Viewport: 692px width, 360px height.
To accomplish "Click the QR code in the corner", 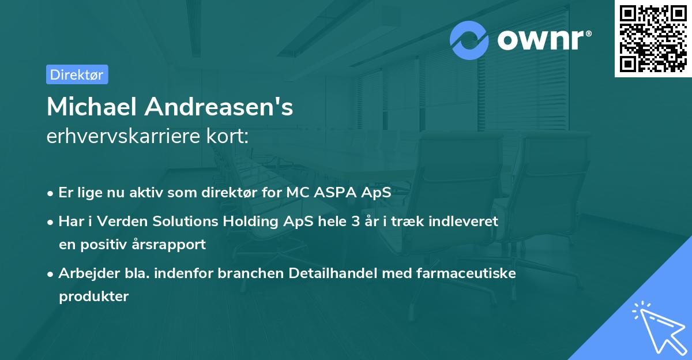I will pos(653,39).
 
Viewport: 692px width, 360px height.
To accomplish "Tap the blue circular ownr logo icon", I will pos(469,40).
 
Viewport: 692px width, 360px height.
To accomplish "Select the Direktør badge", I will pos(77,74).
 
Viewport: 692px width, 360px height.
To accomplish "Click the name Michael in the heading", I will pos(91,107).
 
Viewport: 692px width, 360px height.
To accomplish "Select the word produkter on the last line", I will pos(93,296).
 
